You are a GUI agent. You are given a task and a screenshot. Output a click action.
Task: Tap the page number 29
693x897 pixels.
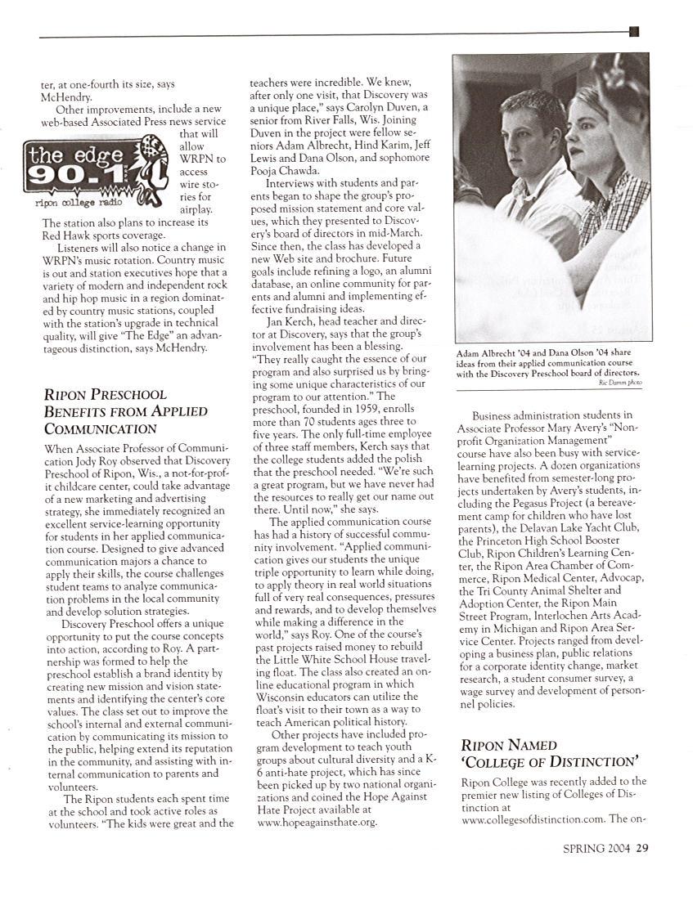[643, 848]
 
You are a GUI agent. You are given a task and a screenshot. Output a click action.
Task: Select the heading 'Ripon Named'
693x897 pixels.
[509, 745]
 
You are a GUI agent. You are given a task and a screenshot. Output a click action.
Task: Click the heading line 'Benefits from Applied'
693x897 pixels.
[126, 411]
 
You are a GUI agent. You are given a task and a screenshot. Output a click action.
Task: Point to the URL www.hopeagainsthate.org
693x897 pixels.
[317, 822]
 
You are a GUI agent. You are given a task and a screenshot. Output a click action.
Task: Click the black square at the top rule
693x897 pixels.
[634, 32]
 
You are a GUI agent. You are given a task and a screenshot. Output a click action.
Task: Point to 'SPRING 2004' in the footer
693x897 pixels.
[596, 848]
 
